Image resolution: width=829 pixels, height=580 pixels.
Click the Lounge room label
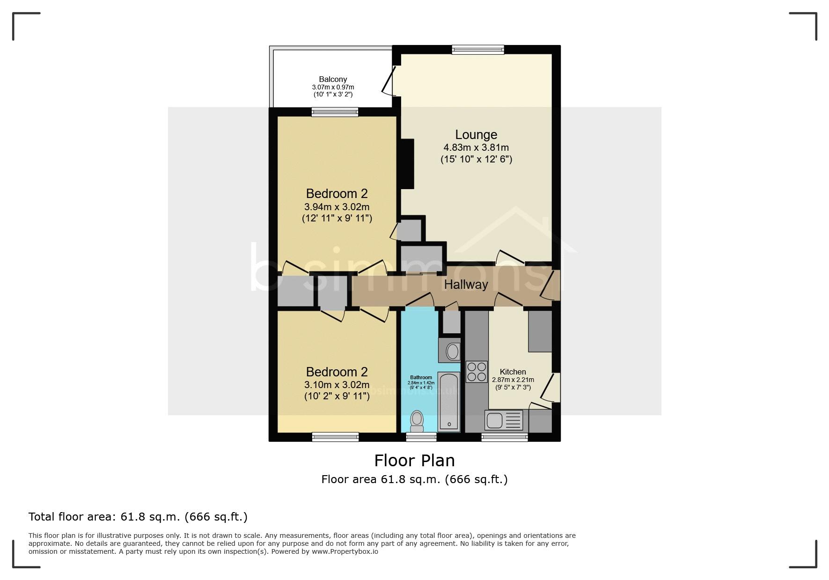pyautogui.click(x=476, y=135)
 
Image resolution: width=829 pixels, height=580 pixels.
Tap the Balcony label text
pyautogui.click(x=333, y=80)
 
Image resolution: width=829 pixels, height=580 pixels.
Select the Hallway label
pyautogui.click(x=466, y=285)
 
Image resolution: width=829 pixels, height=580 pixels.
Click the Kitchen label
pyautogui.click(x=513, y=372)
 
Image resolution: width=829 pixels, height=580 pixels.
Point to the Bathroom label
pyautogui.click(x=421, y=377)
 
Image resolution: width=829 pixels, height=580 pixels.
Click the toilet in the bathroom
pyautogui.click(x=416, y=421)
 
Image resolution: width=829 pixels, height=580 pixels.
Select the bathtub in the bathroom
pyautogui.click(x=448, y=402)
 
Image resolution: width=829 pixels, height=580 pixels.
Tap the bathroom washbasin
pyautogui.click(x=452, y=351)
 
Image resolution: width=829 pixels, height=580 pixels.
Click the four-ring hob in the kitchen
pyautogui.click(x=477, y=372)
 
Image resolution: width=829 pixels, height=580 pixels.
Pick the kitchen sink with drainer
pyautogui.click(x=504, y=420)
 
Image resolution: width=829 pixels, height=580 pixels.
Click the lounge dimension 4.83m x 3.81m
pyautogui.click(x=476, y=147)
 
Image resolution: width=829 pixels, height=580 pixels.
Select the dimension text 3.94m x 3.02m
pyautogui.click(x=337, y=207)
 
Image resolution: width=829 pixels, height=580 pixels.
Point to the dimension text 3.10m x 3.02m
pyautogui.click(x=337, y=385)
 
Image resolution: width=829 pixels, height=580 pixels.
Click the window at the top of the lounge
pyautogui.click(x=478, y=50)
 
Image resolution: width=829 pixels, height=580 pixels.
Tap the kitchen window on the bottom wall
pyautogui.click(x=505, y=437)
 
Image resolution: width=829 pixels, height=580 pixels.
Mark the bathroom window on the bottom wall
pyautogui.click(x=421, y=437)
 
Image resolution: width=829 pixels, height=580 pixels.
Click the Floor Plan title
pyautogui.click(x=414, y=461)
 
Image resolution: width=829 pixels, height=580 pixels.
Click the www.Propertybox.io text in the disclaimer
pyautogui.click(x=345, y=551)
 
